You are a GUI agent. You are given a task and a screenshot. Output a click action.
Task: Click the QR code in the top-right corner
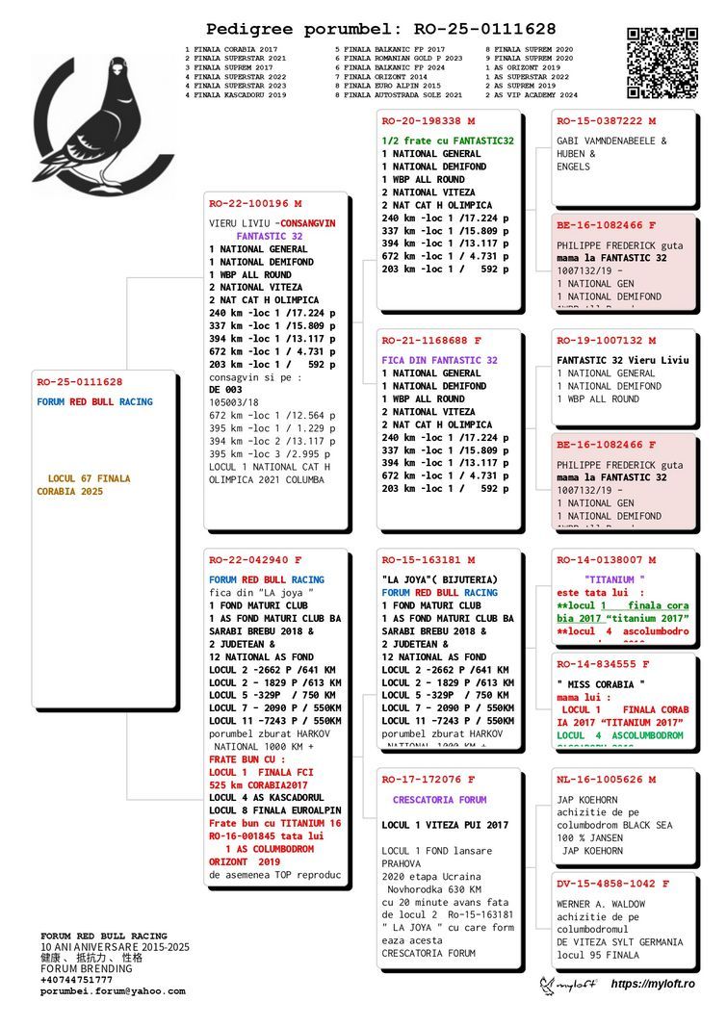point(662,64)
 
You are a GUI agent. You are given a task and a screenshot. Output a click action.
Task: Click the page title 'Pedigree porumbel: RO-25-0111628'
point(380,30)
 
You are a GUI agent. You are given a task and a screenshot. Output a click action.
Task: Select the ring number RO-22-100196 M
point(255,203)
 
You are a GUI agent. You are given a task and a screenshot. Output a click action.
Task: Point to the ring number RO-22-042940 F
point(255,559)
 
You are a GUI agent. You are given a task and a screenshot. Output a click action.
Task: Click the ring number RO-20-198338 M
point(428,121)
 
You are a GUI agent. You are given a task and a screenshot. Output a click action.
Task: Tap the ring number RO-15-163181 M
point(428,559)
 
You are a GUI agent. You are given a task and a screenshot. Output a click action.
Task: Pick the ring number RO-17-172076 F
point(428,780)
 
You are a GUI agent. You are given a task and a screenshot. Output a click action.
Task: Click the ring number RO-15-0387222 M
point(606,121)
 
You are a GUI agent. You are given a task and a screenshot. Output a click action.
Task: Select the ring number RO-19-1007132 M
point(606,341)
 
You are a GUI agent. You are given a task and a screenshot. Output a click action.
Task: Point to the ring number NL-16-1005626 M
point(606,780)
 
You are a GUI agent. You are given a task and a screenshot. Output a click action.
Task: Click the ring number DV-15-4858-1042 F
point(613,884)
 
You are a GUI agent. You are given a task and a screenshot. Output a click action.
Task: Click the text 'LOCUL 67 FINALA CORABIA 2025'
point(84,485)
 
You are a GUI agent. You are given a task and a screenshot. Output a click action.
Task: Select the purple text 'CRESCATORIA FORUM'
point(439,800)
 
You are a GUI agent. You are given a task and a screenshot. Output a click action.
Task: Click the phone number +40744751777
point(76,980)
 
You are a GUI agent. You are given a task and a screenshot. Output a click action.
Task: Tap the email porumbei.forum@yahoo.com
point(113,991)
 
